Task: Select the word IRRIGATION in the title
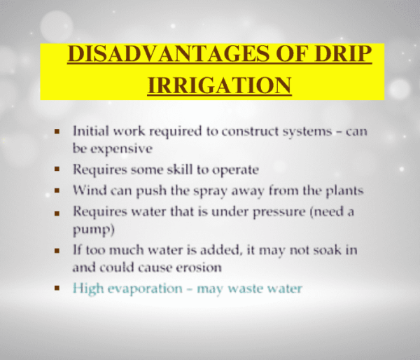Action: coord(219,84)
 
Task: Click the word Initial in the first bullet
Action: coord(89,132)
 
